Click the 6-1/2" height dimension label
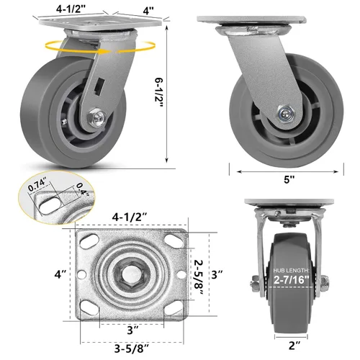[x=160, y=92]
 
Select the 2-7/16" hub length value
[x=292, y=279]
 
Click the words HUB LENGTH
[x=292, y=271]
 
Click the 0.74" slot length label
[x=37, y=186]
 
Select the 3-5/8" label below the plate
[x=132, y=348]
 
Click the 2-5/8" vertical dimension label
[x=199, y=277]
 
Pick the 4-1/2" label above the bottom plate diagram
[x=130, y=217]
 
